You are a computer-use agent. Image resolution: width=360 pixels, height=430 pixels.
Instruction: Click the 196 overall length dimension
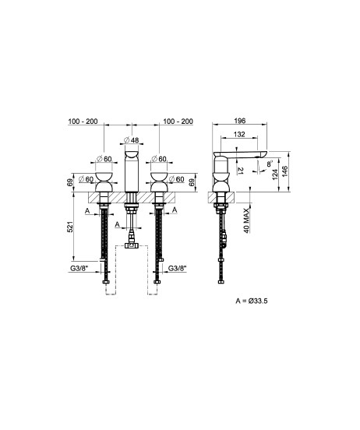pyautogui.click(x=240, y=121)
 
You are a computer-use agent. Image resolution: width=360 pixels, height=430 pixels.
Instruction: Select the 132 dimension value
pyautogui.click(x=239, y=134)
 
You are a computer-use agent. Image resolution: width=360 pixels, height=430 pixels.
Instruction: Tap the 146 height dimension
pyautogui.click(x=284, y=171)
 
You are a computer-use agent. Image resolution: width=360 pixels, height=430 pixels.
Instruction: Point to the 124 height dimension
pyautogui.click(x=275, y=174)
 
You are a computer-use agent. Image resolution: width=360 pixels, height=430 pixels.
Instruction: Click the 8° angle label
pyautogui.click(x=270, y=164)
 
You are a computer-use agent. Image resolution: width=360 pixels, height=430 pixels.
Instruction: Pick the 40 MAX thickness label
pyautogui.click(x=247, y=220)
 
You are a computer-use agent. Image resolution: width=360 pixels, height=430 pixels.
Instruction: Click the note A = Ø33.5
pyautogui.click(x=252, y=301)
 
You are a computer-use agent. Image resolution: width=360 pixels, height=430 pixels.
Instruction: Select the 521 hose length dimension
pyautogui.click(x=70, y=227)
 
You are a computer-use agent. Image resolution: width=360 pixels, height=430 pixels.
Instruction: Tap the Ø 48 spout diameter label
pyautogui.click(x=132, y=140)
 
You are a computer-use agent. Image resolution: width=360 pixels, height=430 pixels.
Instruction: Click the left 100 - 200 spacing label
pyautogui.click(x=83, y=122)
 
